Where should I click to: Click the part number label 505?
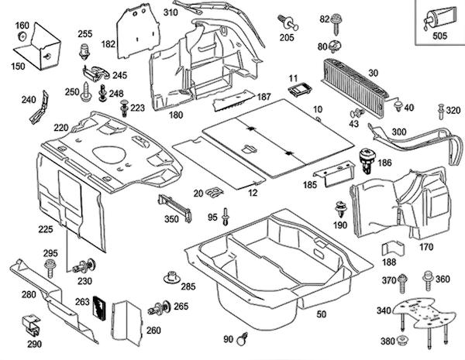coord(439,34)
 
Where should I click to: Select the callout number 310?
coord(170,12)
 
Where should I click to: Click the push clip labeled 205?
coord(288,22)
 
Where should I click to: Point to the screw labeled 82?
coord(338,21)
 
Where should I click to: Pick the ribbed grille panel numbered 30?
coord(357,78)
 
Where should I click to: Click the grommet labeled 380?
coord(404,341)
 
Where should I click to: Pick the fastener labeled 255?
coord(84,52)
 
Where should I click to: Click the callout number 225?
coord(45,230)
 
